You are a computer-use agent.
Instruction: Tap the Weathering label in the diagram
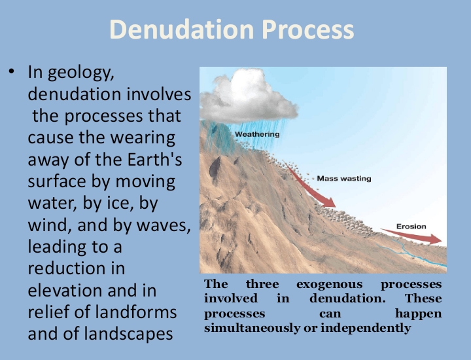257,134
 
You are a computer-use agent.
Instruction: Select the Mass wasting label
345,177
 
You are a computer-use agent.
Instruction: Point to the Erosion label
411,226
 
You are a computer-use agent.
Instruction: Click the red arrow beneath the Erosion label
419,238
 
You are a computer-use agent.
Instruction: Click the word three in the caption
262,285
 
